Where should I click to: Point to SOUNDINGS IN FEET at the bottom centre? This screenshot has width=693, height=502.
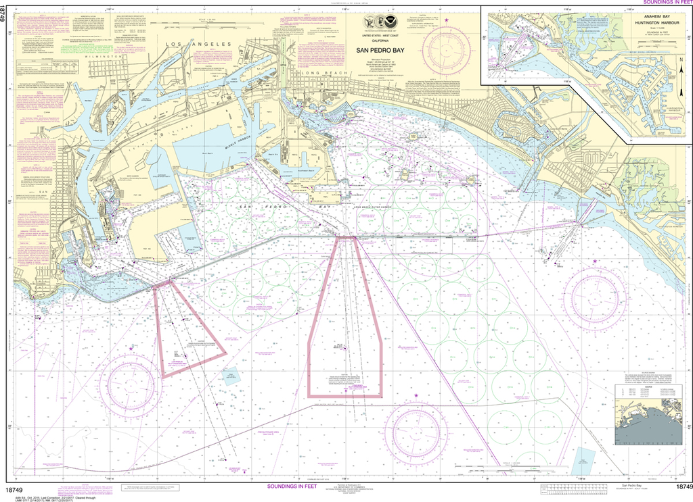pyautogui.click(x=297, y=486)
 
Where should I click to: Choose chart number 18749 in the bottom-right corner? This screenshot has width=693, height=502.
pyautogui.click(x=679, y=487)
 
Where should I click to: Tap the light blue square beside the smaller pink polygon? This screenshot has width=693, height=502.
pyautogui.click(x=232, y=376)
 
